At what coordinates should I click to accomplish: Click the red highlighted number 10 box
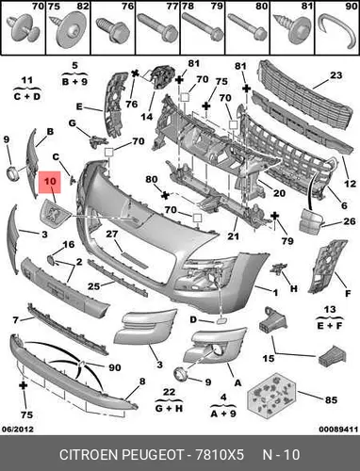pos(50,182)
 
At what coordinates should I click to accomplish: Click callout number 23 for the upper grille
pos(335,75)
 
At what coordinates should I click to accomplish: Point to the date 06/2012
pos(18,429)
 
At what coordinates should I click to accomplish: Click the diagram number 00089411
pos(338,429)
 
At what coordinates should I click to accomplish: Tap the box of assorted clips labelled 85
pos(271,396)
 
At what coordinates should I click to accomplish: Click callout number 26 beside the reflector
pos(350,221)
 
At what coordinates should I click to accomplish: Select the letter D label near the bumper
pos(193,319)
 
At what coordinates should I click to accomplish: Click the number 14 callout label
pos(146,117)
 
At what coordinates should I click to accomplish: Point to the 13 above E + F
pos(330,310)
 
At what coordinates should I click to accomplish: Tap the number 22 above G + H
pos(169,392)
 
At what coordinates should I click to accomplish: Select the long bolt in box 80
pos(247,27)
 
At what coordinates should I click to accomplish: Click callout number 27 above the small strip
pos(111,234)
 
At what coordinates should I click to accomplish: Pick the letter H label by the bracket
pos(293,288)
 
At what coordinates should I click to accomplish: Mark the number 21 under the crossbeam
pos(233,235)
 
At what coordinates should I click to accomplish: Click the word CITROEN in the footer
pos(89,454)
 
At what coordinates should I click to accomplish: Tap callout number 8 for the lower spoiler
pos(142,382)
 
